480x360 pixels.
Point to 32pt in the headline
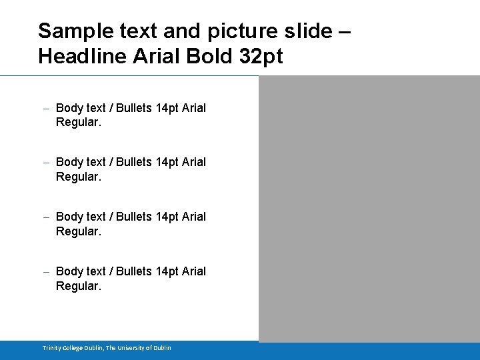point(260,57)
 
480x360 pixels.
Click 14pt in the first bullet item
point(167,108)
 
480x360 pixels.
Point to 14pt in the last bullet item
point(167,271)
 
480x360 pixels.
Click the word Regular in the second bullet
point(77,177)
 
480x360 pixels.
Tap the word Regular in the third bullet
point(77,232)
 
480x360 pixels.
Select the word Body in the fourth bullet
point(69,271)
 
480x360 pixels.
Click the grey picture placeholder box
point(369,208)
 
